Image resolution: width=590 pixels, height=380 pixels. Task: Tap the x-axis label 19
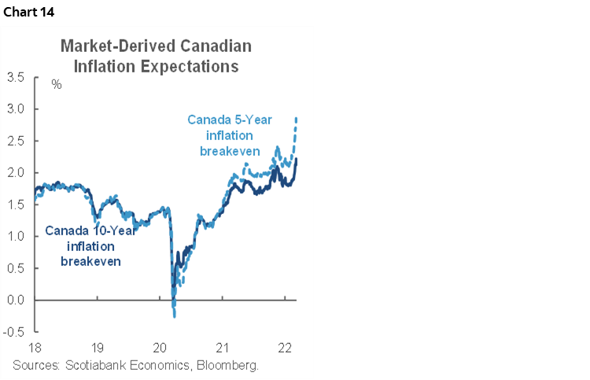[x=98, y=348]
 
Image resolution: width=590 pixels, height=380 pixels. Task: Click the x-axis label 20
[x=160, y=348]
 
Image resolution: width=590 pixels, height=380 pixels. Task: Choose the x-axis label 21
[x=223, y=348]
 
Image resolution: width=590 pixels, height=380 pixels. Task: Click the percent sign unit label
[x=57, y=84]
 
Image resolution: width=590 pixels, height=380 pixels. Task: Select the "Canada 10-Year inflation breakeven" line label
[x=90, y=245]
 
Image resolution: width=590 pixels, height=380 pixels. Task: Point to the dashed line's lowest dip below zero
[x=174, y=316]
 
